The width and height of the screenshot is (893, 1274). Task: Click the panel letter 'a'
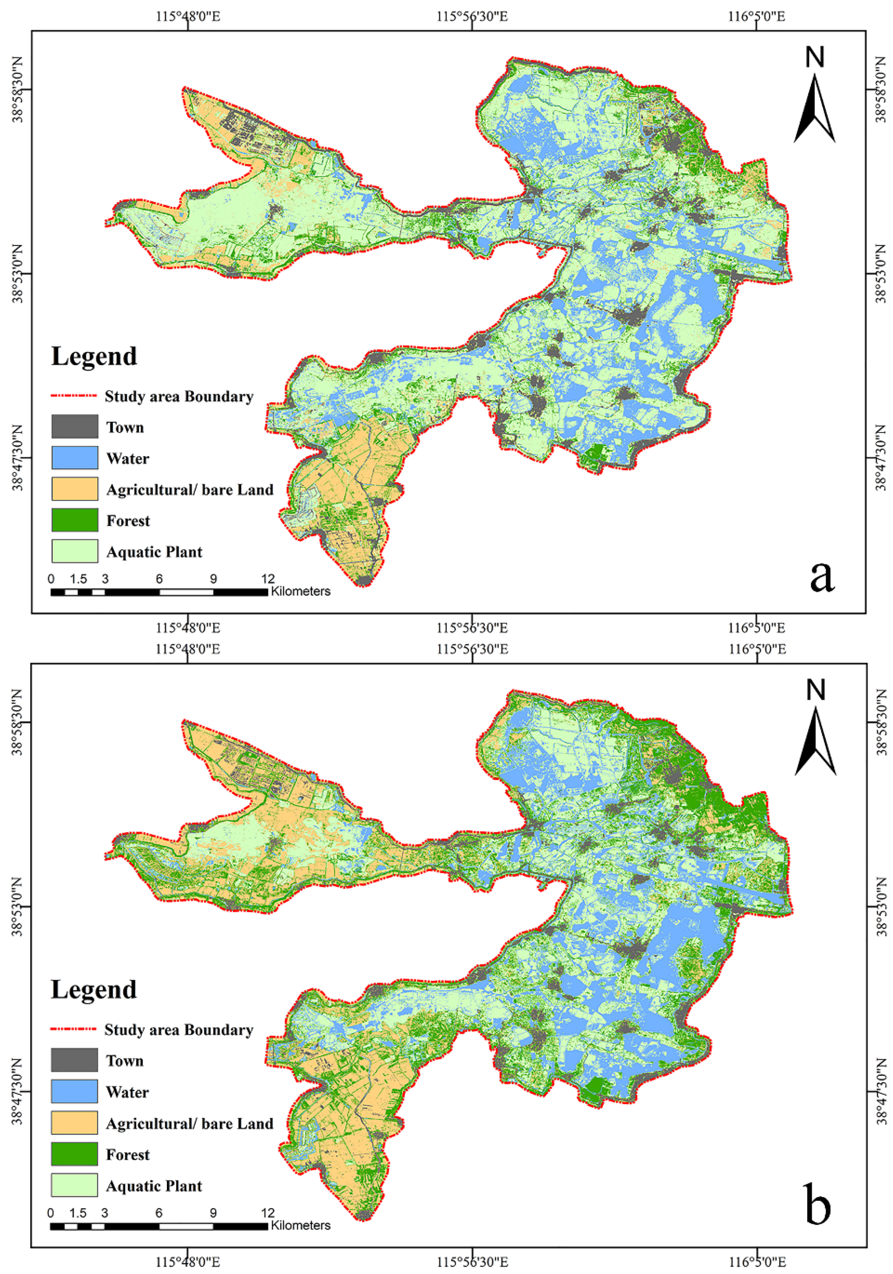[x=821, y=575]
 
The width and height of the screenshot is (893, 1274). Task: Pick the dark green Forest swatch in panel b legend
[x=74, y=1154]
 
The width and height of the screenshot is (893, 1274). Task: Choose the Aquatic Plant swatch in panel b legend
[x=74, y=1185]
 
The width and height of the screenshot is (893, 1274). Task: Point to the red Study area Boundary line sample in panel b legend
[x=74, y=1030]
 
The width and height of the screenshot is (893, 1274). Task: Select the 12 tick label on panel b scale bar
[x=268, y=1212]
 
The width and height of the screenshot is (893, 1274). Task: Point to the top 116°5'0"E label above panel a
[x=756, y=16]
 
